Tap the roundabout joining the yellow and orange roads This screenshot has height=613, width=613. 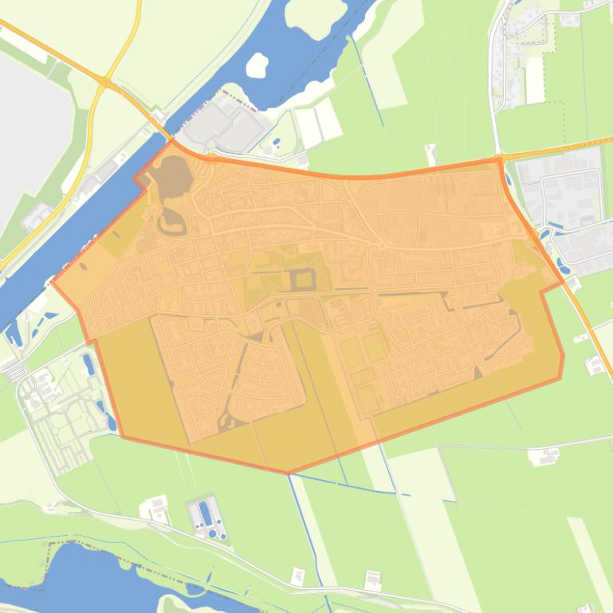(104, 80)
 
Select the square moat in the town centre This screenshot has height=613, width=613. (303, 279)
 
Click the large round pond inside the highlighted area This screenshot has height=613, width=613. (172, 172)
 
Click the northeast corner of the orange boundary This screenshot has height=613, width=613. (501, 159)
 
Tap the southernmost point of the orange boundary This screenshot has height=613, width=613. (288, 473)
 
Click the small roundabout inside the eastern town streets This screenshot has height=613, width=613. (381, 246)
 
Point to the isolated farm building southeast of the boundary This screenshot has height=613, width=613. (545, 456)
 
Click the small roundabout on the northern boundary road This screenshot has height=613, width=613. (211, 158)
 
